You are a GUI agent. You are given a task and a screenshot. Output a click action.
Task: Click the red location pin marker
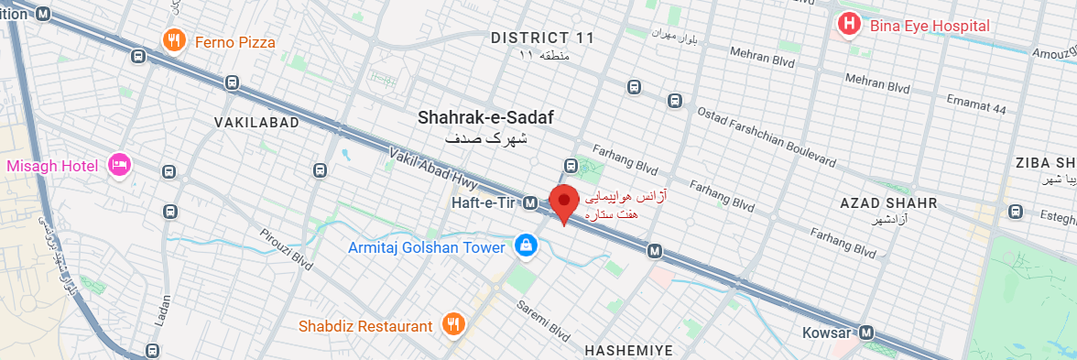[x=563, y=202]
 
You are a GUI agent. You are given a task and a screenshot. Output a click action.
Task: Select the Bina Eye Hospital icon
[x=849, y=25]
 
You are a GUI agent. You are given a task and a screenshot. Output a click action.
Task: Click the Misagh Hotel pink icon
[x=119, y=166]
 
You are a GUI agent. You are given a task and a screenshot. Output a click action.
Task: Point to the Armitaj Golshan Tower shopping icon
[x=526, y=245]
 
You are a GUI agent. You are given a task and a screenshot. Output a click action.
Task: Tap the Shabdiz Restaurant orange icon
[x=453, y=324]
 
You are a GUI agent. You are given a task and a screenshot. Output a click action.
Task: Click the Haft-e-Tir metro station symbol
[x=529, y=202]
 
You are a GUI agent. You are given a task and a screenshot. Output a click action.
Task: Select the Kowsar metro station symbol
[x=866, y=333]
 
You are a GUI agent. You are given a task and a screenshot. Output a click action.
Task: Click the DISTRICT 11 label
[x=542, y=38]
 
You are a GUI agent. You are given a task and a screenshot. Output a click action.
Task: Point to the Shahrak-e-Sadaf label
[x=485, y=117]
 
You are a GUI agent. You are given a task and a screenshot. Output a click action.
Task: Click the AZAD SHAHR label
[x=888, y=202]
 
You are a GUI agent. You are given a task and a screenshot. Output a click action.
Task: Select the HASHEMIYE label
[x=628, y=350]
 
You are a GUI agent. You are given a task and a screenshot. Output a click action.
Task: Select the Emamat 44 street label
[x=975, y=108]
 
